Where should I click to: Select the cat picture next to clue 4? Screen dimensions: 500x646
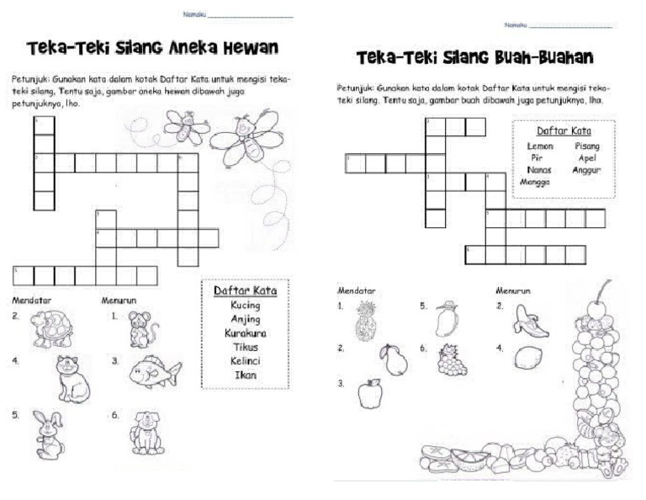click(x=73, y=377)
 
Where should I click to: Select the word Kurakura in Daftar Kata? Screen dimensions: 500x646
click(x=245, y=332)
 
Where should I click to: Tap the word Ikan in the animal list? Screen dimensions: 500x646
click(x=245, y=375)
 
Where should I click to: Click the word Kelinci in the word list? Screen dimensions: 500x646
click(x=245, y=360)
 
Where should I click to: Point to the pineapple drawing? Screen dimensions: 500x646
click(x=367, y=320)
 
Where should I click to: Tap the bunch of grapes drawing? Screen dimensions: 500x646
click(x=451, y=359)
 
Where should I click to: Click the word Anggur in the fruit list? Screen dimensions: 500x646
click(x=585, y=169)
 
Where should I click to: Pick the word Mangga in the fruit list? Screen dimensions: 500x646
click(x=535, y=181)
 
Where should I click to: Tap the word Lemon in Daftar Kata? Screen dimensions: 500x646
click(x=539, y=146)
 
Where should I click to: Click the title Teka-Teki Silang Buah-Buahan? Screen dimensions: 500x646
click(x=475, y=58)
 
